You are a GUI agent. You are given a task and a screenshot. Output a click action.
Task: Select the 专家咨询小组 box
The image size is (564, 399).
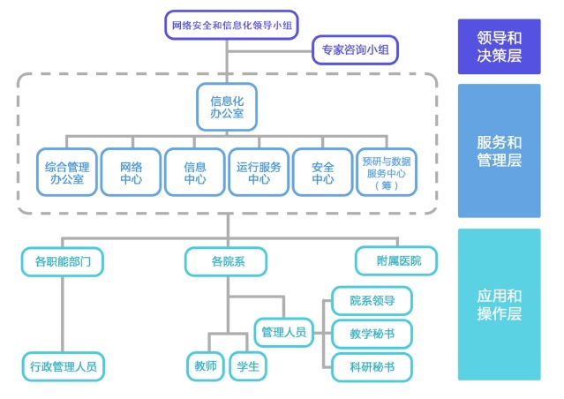point(356,50)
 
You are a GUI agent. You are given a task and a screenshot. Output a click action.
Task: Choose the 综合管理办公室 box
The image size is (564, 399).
point(66,171)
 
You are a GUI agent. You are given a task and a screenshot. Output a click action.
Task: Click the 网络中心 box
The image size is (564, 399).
point(131,171)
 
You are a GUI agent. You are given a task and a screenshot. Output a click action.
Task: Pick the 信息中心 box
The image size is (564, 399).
point(195,171)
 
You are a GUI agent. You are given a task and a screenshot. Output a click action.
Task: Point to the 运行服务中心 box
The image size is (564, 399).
point(259,171)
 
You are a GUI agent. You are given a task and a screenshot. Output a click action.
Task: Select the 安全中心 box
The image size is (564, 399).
point(323,171)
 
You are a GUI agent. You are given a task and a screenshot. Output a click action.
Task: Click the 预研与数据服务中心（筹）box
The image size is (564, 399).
point(387,171)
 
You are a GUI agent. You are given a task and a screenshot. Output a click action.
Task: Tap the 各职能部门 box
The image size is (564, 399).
point(63,260)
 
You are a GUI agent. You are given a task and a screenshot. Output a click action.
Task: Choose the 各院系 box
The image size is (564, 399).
point(227,260)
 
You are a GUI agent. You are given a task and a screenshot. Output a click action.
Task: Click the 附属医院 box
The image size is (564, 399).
point(396,260)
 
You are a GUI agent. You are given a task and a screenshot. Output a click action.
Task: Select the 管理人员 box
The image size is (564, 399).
point(284,332)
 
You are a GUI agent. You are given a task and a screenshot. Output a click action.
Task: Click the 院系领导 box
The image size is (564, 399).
point(372,300)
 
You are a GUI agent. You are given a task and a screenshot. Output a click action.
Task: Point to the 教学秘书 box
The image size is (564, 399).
point(372,333)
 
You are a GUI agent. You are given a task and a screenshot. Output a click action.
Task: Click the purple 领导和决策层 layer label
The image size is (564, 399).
point(499,47)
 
